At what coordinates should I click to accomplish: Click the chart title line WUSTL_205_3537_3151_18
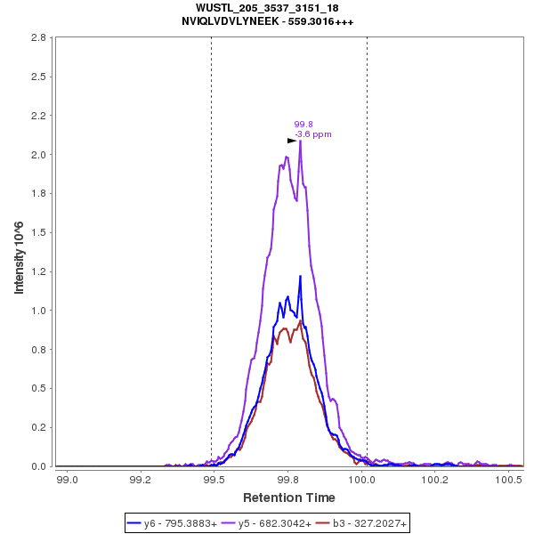pyautogui.click(x=267, y=8)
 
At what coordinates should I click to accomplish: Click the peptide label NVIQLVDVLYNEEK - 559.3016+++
pyautogui.click(x=267, y=20)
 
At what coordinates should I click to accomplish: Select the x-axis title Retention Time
pyautogui.click(x=289, y=497)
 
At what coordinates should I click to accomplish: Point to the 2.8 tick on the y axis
pyautogui.click(x=38, y=38)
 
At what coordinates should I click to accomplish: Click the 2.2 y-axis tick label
pyautogui.click(x=38, y=116)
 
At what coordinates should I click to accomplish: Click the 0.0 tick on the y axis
pyautogui.click(x=38, y=466)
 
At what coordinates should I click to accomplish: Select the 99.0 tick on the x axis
pyautogui.click(x=67, y=480)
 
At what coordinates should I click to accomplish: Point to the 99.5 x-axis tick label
pyautogui.click(x=214, y=480)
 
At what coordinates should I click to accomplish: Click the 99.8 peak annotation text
pyautogui.click(x=303, y=125)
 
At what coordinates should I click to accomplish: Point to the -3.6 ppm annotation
pyautogui.click(x=312, y=134)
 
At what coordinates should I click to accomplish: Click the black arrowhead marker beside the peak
pyautogui.click(x=292, y=141)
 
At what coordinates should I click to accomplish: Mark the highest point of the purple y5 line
pyautogui.click(x=301, y=141)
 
